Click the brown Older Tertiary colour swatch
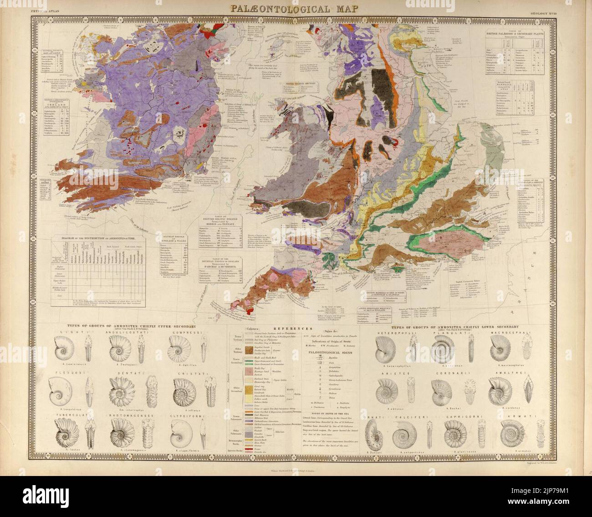point(249,350)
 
